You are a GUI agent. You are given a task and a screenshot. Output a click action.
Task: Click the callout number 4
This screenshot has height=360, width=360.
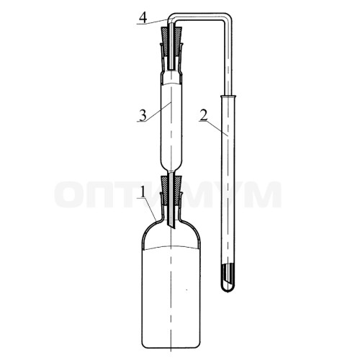coord(143,18)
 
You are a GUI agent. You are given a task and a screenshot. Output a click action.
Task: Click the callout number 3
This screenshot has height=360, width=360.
coord(143,116)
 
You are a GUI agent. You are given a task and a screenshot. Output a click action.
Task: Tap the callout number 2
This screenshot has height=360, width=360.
coord(204,116)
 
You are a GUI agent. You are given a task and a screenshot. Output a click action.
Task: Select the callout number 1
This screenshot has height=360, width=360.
coord(143,192)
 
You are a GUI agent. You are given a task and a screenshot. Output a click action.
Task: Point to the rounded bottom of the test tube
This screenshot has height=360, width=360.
coord(228,287)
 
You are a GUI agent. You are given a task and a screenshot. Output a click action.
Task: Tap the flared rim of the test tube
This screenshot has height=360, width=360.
coord(228,96)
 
